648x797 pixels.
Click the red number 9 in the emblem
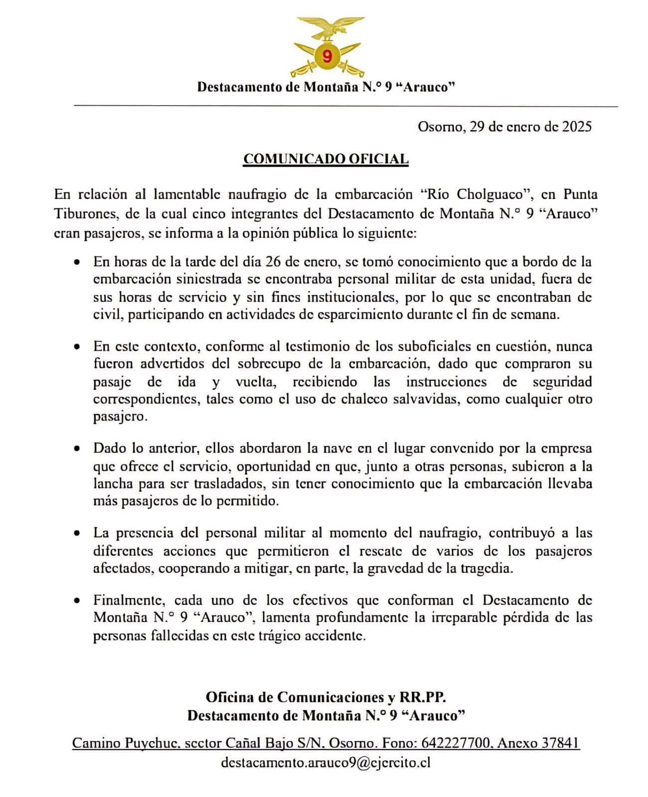click(327, 55)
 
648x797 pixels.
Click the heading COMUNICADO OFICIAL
click(326, 159)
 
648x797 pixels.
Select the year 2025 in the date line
click(577, 127)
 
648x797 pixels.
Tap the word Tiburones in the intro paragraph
click(85, 214)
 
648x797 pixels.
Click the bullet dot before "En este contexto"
click(76, 346)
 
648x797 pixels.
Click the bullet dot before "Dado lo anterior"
click(76, 448)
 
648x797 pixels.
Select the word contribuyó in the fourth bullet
click(521, 533)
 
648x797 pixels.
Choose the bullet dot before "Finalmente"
click(76, 600)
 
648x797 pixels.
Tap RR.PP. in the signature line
click(426, 697)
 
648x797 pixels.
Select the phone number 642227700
click(456, 743)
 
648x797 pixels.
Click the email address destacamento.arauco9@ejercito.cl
click(325, 763)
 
